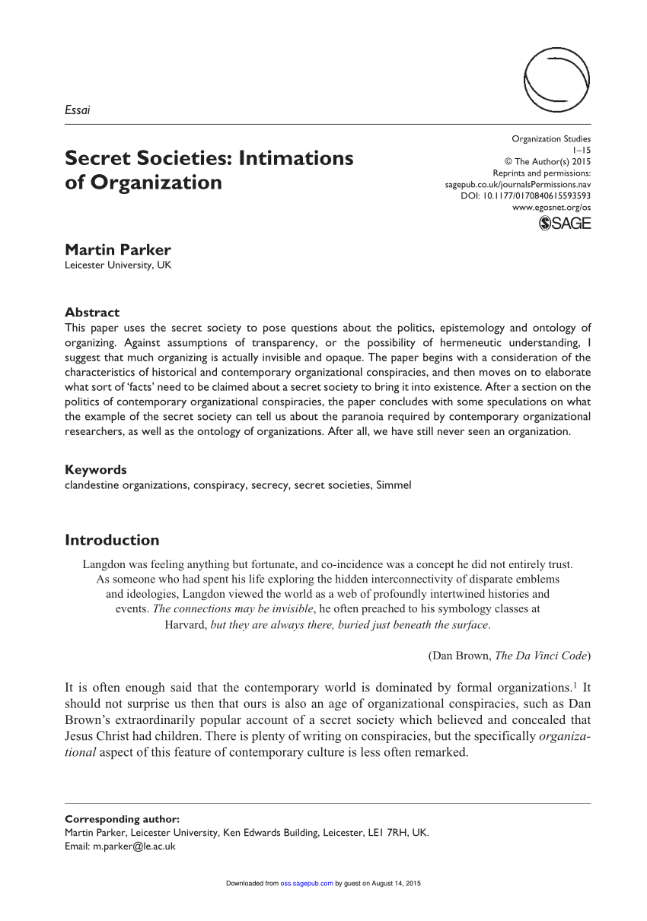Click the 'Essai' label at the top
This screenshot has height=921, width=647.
pos(78,110)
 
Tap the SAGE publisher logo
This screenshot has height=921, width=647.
pos(564,224)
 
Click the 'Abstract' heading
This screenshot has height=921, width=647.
pos(92,312)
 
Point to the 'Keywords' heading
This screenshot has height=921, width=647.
pos(96,469)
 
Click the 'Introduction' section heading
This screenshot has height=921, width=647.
pos(112,540)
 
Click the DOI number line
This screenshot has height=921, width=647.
pos(526,195)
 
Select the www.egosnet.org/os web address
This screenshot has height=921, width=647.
pos(551,207)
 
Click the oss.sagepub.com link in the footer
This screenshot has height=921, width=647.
pos(307,883)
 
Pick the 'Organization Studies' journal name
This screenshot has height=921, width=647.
pos(551,138)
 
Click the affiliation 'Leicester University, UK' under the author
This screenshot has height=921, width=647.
pos(118,265)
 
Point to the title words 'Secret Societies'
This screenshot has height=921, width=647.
pos(148,158)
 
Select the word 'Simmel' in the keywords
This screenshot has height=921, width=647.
pos(394,484)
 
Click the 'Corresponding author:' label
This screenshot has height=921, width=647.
pos(123,819)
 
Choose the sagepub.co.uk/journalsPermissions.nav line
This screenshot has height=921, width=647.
pos(518,184)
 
